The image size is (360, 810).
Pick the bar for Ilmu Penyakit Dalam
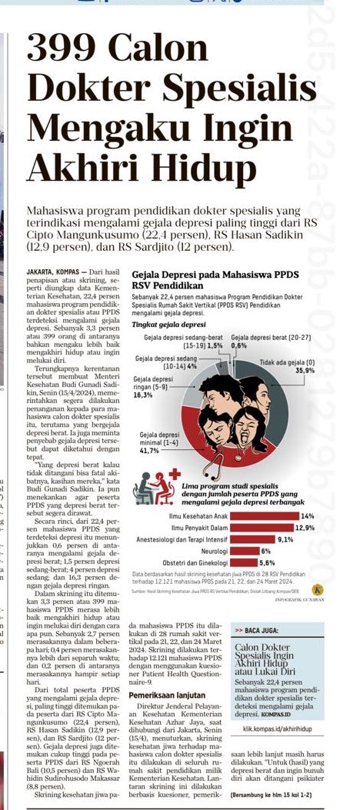click(x=234, y=527)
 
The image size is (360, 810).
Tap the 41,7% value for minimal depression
click(x=149, y=451)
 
